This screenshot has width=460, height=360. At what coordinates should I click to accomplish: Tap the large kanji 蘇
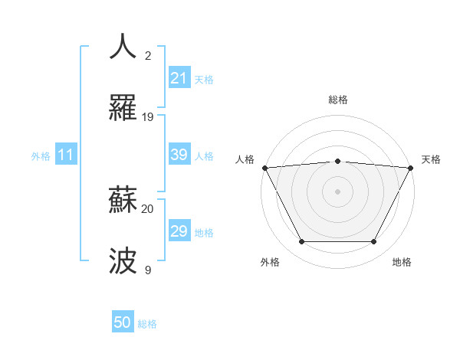pyautogui.click(x=124, y=200)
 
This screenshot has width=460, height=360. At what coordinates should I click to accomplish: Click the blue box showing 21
pyautogui.click(x=179, y=78)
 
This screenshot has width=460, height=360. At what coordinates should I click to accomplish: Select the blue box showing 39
pyautogui.click(x=179, y=155)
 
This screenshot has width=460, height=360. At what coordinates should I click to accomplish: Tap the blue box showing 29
pyautogui.click(x=179, y=231)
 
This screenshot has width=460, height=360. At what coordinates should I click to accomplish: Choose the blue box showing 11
pyautogui.click(x=65, y=155)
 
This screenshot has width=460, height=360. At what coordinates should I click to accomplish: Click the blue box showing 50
pyautogui.click(x=123, y=323)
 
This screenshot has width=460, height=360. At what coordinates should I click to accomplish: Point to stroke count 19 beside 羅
pyautogui.click(x=148, y=117)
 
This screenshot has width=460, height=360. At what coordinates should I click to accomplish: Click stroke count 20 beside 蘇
pyautogui.click(x=148, y=208)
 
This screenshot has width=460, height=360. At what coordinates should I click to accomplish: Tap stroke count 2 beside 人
pyautogui.click(x=148, y=56)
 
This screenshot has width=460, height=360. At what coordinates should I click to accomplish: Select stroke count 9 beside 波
pyautogui.click(x=148, y=270)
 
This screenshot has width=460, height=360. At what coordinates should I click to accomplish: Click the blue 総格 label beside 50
pyautogui.click(x=147, y=324)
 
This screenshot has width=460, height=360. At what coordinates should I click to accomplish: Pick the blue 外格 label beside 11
pyautogui.click(x=41, y=155)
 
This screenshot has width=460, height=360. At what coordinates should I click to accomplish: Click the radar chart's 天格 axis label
pyautogui.click(x=431, y=159)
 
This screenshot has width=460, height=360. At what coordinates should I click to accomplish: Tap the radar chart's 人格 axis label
pyautogui.click(x=245, y=159)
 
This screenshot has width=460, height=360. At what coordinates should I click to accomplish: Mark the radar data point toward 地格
pyautogui.click(x=374, y=242)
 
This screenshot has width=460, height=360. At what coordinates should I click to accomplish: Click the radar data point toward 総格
pyautogui.click(x=337, y=161)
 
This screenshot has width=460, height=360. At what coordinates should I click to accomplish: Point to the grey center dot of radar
pyautogui.click(x=337, y=191)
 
